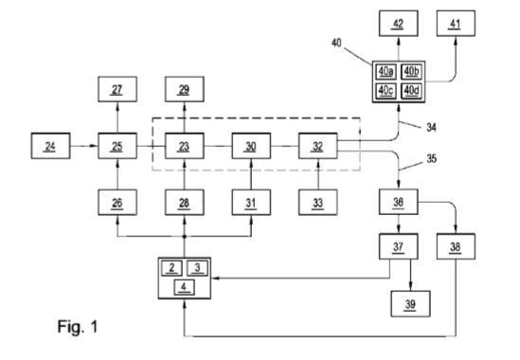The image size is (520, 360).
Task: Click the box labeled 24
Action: (x=50, y=146)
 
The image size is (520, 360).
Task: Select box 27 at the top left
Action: (x=117, y=89)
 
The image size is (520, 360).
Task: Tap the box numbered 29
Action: (x=185, y=89)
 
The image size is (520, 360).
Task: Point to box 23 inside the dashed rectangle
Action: (x=185, y=146)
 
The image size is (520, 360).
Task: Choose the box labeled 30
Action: (x=251, y=146)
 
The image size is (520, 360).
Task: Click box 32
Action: (x=318, y=146)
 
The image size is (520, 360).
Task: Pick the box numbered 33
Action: (x=318, y=203)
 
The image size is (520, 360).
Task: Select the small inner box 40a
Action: (x=386, y=72)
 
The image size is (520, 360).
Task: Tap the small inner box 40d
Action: (x=412, y=91)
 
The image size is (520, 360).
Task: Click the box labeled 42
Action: (x=399, y=24)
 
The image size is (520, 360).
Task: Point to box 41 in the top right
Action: (x=456, y=24)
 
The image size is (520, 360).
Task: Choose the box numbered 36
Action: (x=399, y=202)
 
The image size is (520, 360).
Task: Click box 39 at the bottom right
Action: (x=410, y=304)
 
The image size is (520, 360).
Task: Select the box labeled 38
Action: (x=456, y=246)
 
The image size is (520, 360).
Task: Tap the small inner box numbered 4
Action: (x=185, y=287)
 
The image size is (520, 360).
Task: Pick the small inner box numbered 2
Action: (x=171, y=268)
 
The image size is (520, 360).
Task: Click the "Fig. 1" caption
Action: (x=78, y=327)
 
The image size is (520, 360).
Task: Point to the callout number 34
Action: (x=431, y=127)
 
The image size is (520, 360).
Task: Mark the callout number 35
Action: (x=431, y=158)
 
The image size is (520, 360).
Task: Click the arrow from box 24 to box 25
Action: (x=84, y=146)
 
